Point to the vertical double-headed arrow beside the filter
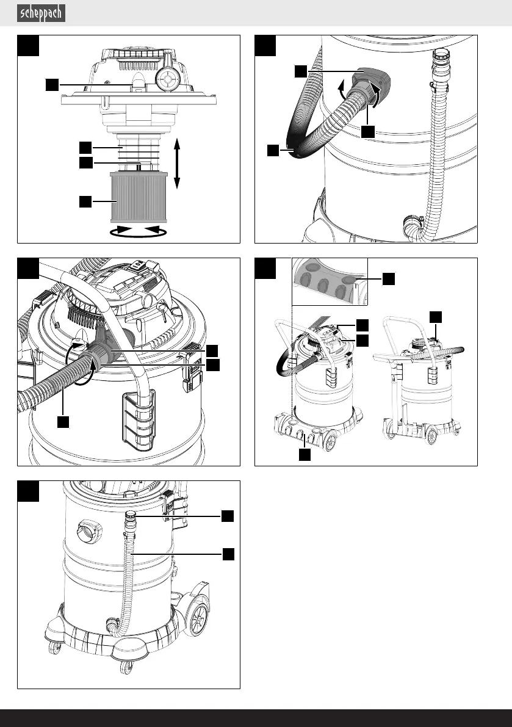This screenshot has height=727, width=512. pos(177,163)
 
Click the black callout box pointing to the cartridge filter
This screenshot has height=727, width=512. pos(85,200)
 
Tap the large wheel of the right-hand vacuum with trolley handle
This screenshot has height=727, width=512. pos(432,436)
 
